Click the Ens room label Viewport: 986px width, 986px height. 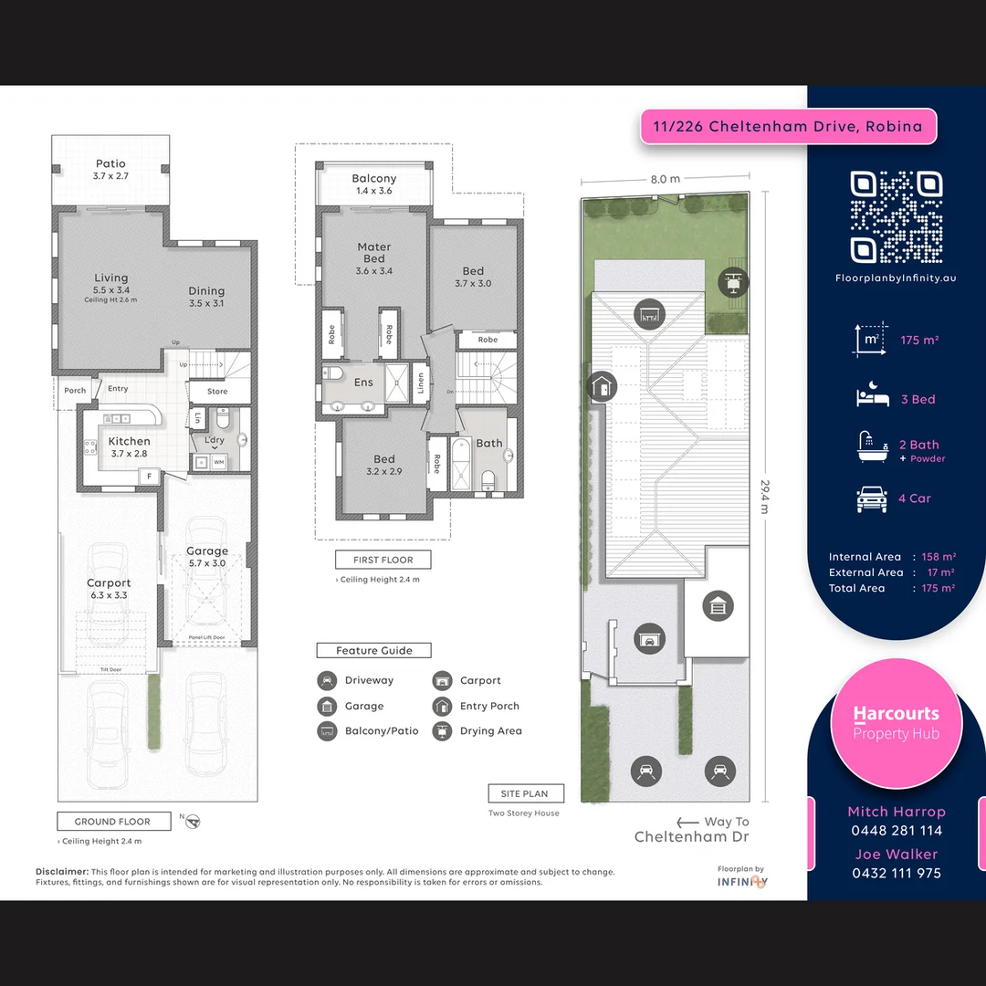363,383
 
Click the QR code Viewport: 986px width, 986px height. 896,217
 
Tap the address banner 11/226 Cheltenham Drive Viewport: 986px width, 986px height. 789,127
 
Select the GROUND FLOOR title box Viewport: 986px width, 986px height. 114,821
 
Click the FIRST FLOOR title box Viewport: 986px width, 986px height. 383,560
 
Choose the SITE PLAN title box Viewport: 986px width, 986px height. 525,793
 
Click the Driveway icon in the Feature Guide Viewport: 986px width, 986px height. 327,681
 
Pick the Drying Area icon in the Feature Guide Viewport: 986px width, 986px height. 442,731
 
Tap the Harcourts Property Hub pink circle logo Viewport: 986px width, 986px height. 896,723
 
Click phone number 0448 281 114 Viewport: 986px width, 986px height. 896,831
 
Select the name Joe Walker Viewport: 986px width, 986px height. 896,855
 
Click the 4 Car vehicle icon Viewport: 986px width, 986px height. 871,498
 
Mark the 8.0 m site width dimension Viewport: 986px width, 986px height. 665,179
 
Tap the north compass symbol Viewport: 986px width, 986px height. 192,822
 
